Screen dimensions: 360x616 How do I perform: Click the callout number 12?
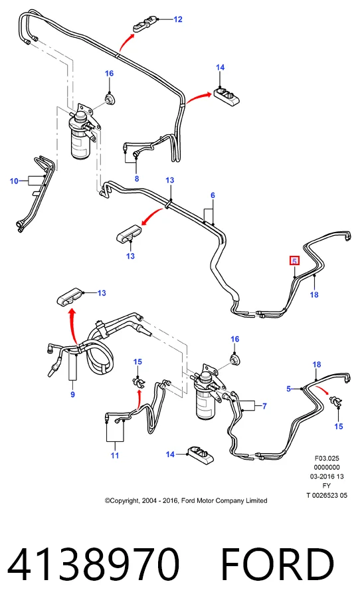click(x=178, y=19)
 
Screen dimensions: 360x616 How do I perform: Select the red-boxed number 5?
click(x=294, y=260)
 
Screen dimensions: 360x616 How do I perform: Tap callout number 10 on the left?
click(x=14, y=181)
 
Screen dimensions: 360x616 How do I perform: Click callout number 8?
click(x=137, y=179)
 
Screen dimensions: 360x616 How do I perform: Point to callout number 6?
click(x=213, y=195)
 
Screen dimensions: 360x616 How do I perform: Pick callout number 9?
click(x=72, y=394)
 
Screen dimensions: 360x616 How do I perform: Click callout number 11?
click(x=115, y=455)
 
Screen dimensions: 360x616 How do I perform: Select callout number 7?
click(x=264, y=406)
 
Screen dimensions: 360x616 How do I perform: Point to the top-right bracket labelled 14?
click(x=226, y=96)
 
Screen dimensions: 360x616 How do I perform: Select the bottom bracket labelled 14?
click(x=201, y=455)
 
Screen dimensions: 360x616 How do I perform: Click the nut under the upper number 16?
click(x=109, y=98)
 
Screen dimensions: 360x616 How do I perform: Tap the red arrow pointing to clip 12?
click(x=126, y=42)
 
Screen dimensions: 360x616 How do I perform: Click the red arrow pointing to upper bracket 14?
click(x=198, y=98)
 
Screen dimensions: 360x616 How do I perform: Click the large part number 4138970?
click(x=94, y=564)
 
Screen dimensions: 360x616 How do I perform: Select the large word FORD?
click(x=278, y=564)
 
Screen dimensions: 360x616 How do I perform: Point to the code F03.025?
click(x=327, y=458)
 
